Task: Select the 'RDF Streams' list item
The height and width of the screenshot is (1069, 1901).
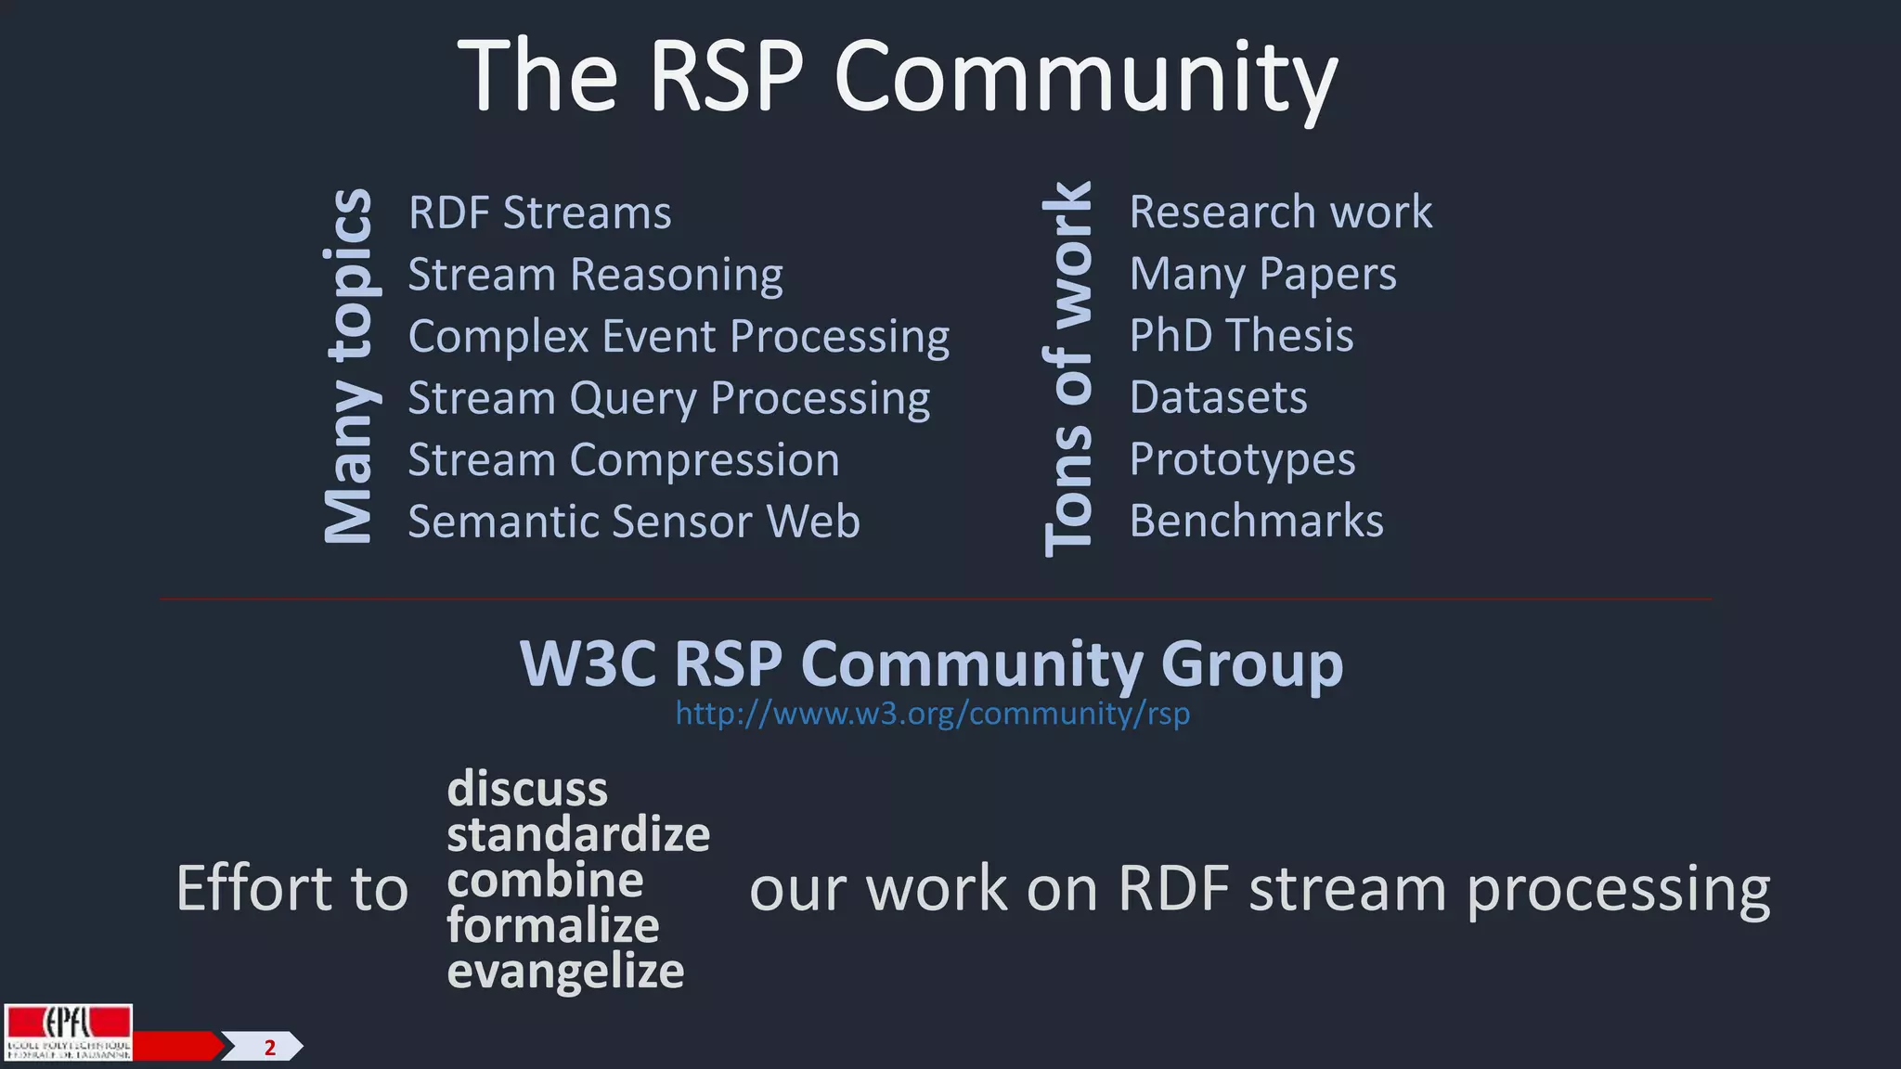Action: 539,213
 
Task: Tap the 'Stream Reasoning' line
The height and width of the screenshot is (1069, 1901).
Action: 595,275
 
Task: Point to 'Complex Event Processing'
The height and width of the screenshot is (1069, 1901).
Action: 679,336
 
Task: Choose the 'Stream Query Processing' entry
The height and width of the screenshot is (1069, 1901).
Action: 668,398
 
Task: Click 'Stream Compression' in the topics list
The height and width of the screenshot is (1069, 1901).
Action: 623,459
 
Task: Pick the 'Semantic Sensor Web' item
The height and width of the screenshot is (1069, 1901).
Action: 634,521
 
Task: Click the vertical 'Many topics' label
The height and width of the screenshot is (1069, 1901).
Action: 348,366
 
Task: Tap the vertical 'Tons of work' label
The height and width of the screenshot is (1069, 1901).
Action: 1067,368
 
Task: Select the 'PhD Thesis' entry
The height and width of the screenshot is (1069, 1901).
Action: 1241,335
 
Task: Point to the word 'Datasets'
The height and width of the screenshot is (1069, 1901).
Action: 1218,397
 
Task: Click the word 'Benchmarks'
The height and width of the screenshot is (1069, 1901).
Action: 1256,521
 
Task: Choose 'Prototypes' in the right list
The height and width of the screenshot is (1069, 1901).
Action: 1242,458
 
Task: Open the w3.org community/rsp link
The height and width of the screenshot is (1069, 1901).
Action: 932,714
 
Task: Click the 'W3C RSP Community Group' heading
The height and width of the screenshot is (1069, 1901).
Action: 931,663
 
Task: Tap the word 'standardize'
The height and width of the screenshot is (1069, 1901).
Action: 578,834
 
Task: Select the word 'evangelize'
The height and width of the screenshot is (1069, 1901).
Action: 565,972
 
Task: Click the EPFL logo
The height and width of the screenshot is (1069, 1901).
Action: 68,1032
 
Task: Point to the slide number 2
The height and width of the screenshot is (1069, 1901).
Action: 270,1048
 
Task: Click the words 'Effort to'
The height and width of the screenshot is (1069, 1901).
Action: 291,888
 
